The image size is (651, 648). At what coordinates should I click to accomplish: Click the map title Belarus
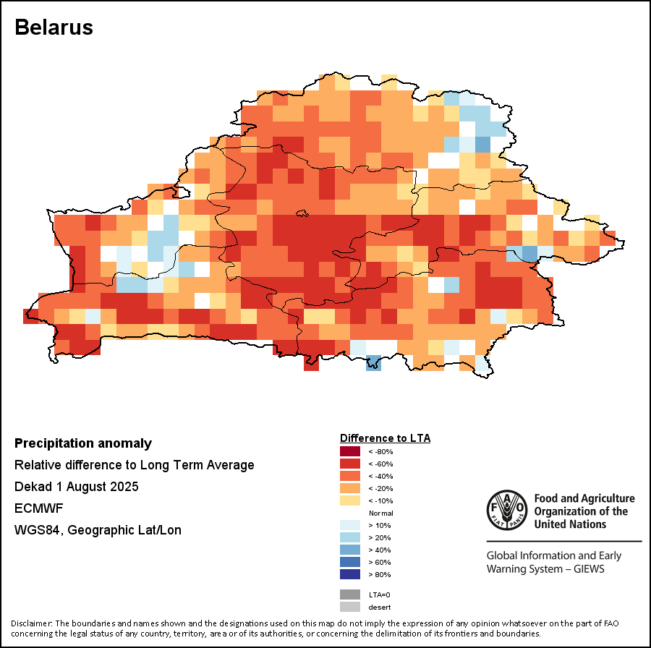point(54,27)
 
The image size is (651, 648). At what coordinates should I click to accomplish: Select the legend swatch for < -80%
point(350,451)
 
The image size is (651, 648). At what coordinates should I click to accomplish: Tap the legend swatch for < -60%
point(350,464)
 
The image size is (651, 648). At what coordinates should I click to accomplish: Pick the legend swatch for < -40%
point(350,476)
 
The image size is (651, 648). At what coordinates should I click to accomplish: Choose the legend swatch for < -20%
point(350,488)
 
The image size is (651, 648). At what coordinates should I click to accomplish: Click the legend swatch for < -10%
point(350,500)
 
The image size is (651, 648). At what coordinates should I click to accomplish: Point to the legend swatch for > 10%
point(350,525)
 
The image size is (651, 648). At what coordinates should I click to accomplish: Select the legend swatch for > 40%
point(350,550)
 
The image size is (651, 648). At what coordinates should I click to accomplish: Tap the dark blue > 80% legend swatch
point(350,574)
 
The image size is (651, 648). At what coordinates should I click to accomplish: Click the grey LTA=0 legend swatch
point(350,594)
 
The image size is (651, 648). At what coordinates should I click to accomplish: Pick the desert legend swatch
point(350,607)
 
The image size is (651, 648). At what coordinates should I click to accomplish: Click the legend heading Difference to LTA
point(385,438)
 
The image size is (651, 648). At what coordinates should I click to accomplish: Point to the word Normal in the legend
point(381,513)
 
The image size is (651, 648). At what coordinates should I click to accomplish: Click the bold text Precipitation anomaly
point(83,443)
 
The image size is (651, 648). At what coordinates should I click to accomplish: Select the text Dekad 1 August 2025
point(76,487)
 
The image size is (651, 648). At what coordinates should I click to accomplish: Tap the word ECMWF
point(34,508)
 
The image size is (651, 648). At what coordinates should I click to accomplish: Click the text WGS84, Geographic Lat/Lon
point(98,530)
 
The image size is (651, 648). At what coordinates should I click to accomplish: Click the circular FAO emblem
point(506,510)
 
